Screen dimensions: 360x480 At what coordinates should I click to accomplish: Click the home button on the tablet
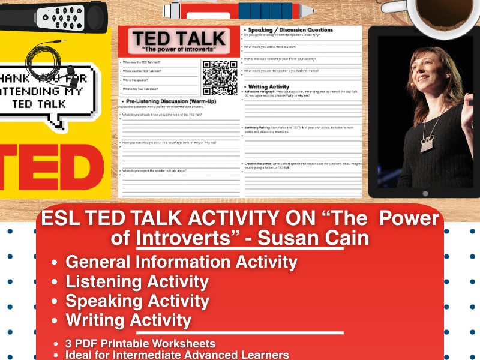click(x=425, y=193)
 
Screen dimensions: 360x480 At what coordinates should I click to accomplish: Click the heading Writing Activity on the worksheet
click(x=268, y=86)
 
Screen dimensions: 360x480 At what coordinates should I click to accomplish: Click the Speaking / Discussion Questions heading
click(x=287, y=29)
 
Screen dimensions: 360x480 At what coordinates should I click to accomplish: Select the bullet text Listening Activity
click(x=137, y=281)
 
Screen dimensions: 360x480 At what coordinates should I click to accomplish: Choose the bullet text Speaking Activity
click(x=137, y=301)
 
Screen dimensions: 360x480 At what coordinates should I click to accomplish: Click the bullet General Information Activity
click(x=181, y=262)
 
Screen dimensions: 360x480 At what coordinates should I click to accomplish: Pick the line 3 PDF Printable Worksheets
click(x=140, y=344)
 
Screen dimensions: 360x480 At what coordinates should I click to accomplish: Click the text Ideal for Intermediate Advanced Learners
click(x=178, y=355)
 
